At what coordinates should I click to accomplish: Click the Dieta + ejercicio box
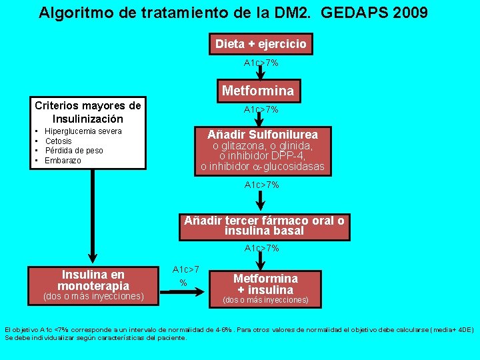point(261,44)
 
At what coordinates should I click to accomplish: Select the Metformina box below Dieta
point(257,90)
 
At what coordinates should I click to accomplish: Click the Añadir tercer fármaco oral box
point(264,225)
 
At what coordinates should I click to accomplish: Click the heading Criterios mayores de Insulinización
point(88,112)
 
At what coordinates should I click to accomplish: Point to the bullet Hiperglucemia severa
point(83,131)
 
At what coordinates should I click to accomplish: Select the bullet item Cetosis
point(58,141)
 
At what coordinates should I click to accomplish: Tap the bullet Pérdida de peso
point(73,151)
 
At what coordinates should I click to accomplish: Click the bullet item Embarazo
point(63,161)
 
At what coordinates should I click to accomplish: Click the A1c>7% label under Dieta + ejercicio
point(261,63)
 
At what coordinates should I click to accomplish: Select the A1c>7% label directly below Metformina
point(261,109)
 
